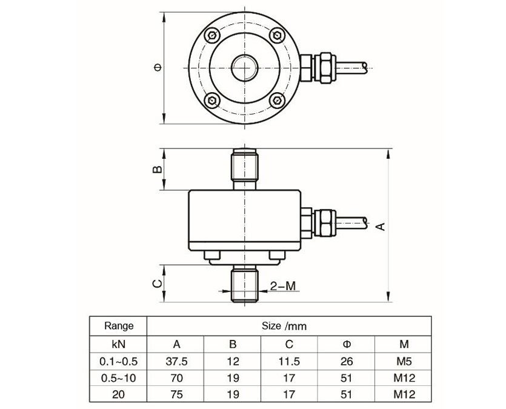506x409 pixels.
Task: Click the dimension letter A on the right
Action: point(380,226)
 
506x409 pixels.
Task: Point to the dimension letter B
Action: point(156,170)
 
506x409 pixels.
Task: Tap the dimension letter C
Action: point(156,284)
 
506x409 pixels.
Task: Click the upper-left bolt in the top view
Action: point(211,35)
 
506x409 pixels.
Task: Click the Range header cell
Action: point(119,325)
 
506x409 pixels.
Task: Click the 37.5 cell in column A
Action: point(176,361)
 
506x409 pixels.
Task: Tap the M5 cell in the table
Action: point(404,361)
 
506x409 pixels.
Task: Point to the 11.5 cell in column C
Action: point(290,361)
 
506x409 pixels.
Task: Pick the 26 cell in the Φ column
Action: point(347,361)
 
